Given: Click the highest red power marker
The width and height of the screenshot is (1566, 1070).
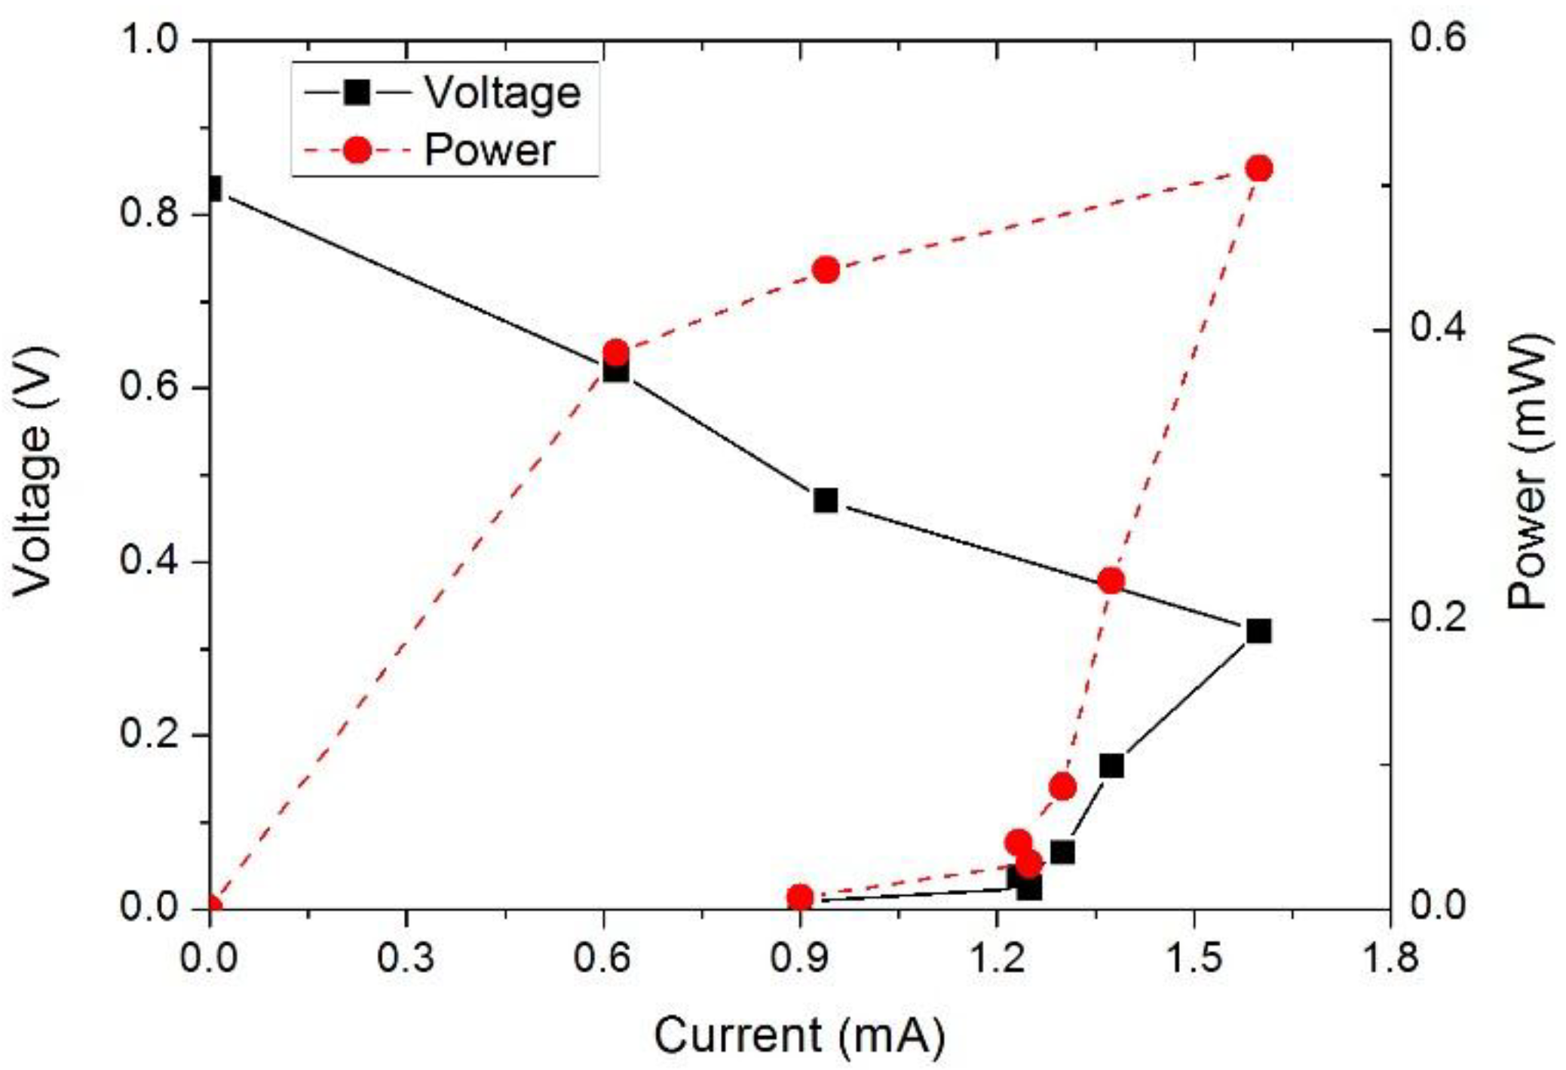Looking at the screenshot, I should click(1258, 169).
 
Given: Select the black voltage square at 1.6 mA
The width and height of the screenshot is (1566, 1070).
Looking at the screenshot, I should click(1258, 630).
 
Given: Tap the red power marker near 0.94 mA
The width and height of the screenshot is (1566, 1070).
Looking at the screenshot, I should click(826, 270).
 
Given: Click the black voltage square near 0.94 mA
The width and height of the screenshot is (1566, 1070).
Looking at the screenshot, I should click(826, 500).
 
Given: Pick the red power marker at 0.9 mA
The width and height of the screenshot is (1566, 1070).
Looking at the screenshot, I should click(800, 897).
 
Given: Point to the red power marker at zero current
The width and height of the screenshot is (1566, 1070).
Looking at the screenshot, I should click(212, 907).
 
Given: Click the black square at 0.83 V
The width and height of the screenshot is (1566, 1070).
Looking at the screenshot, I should click(213, 189).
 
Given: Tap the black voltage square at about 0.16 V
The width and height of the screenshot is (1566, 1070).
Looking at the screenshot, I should click(1111, 767).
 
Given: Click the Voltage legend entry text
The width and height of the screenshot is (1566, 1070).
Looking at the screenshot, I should click(502, 93).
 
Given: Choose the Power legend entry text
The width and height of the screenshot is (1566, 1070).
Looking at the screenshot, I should click(489, 150).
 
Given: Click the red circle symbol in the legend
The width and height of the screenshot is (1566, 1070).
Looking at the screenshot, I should click(357, 150).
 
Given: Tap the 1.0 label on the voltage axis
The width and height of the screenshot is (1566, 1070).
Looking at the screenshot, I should click(155, 39).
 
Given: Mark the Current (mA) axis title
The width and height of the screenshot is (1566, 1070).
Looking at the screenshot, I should click(798, 1035).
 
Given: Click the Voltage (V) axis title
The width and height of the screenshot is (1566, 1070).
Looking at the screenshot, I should click(35, 471).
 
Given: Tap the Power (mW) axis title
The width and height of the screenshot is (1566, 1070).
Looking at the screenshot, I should click(1528, 471).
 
